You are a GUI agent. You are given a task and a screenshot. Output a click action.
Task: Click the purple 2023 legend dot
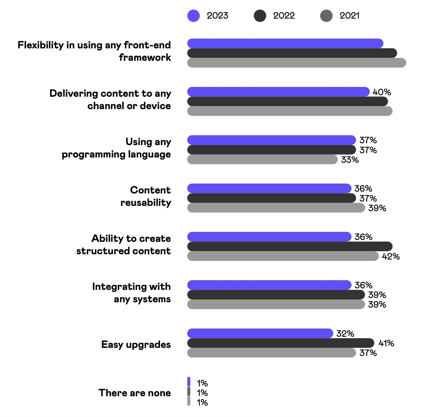click(193, 16)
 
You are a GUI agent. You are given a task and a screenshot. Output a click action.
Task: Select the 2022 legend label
click(284, 16)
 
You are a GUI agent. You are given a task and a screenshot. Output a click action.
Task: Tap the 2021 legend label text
click(349, 16)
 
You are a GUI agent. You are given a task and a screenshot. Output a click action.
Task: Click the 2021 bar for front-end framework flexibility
click(296, 63)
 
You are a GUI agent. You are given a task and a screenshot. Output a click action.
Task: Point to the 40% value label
click(382, 92)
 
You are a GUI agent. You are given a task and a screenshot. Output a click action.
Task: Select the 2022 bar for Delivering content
click(287, 101)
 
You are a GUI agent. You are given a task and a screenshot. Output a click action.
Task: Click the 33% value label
click(350, 160)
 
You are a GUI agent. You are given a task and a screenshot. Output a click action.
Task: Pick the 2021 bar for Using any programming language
click(262, 159)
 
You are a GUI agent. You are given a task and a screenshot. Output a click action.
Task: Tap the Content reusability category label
click(146, 196)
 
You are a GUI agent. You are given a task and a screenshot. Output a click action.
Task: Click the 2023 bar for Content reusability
click(269, 189)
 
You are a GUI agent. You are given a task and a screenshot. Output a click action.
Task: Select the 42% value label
click(391, 256)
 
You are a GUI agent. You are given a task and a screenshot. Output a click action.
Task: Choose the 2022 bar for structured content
click(290, 246)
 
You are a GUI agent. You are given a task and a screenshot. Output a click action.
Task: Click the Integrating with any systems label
click(131, 293)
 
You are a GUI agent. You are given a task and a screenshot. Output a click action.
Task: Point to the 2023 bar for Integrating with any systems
click(269, 285)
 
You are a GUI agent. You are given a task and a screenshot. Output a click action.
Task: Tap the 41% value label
click(386, 343)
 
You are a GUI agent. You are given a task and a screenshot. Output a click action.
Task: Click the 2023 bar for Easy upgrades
click(260, 333)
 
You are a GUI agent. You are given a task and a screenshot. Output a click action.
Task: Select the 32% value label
click(345, 334)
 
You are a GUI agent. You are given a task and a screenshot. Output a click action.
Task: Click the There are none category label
click(135, 393)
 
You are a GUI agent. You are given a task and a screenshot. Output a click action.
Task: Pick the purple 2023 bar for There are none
click(189, 382)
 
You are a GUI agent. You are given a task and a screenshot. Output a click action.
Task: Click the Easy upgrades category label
click(136, 344)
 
